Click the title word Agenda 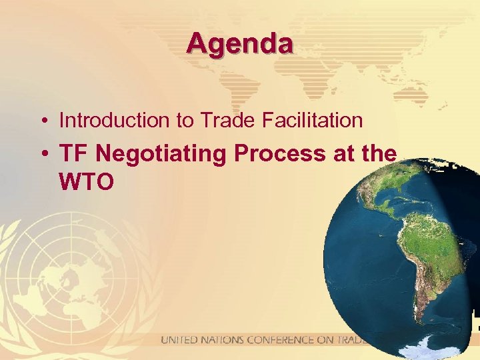click(x=239, y=44)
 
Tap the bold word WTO click(x=87, y=181)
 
